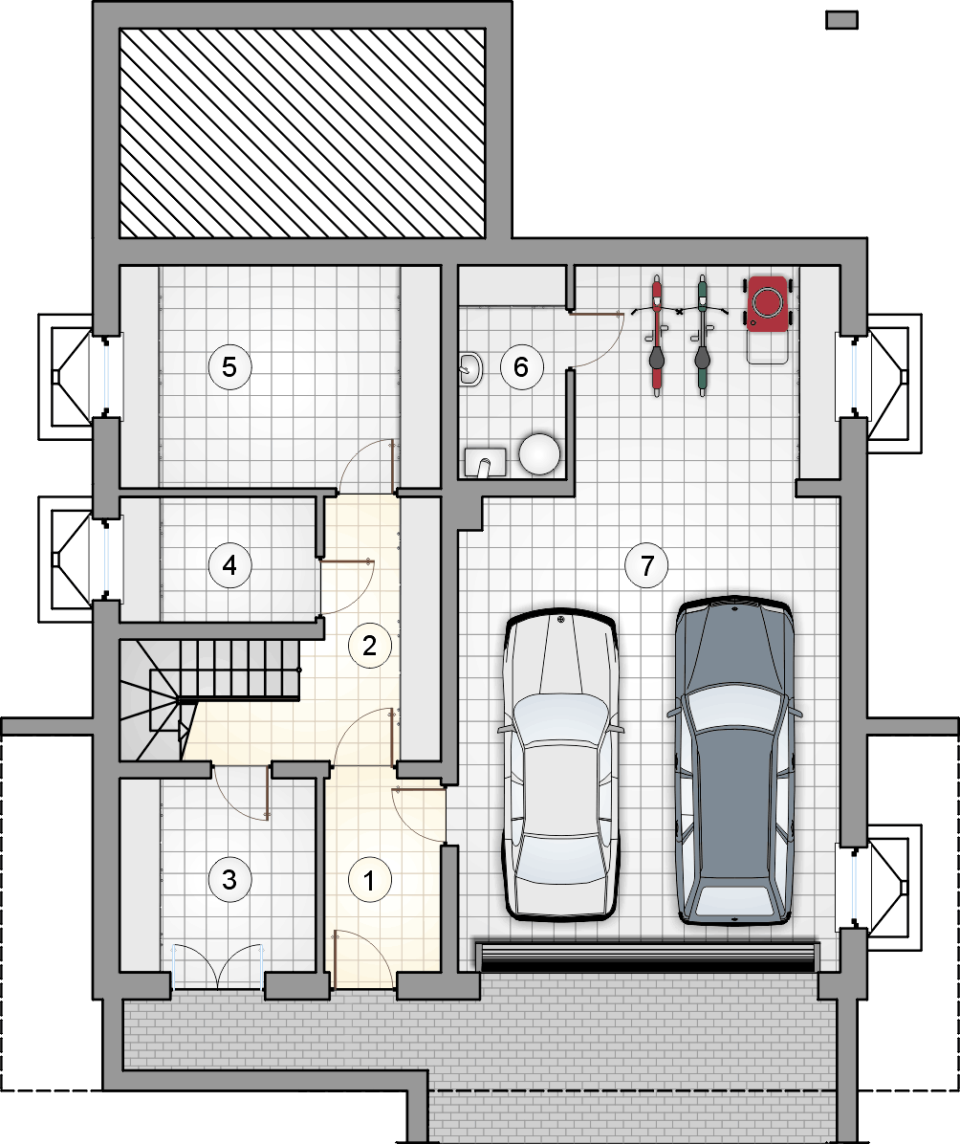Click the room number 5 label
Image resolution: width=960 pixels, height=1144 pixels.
pyautogui.click(x=229, y=366)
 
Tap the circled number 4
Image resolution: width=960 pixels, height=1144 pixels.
pyautogui.click(x=229, y=564)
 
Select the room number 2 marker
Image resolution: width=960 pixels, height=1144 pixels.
pyautogui.click(x=369, y=646)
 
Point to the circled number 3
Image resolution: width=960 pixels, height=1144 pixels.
pyautogui.click(x=229, y=879)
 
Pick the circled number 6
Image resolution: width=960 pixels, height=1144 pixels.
pyautogui.click(x=520, y=366)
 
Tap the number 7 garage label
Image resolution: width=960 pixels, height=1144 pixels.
pyautogui.click(x=646, y=564)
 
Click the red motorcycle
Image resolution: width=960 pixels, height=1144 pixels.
pyautogui.click(x=657, y=336)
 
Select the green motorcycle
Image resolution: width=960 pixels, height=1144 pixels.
pyautogui.click(x=702, y=336)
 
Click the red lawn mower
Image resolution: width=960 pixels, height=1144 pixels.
pyautogui.click(x=768, y=319)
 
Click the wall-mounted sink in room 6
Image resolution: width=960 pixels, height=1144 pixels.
pyautogui.click(x=471, y=368)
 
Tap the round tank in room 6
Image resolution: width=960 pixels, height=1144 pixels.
pyautogui.click(x=540, y=453)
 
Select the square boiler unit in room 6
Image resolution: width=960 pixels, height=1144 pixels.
pyautogui.click(x=485, y=462)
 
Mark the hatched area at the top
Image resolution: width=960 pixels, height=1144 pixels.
pyautogui.click(x=302, y=133)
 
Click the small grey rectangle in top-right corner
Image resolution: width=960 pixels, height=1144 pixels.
pyautogui.click(x=841, y=20)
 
